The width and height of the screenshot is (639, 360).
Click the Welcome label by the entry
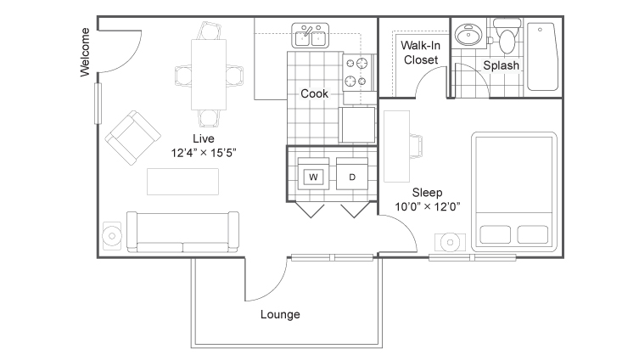point(85,52)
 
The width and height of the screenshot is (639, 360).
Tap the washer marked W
point(313,174)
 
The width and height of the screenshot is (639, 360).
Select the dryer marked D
point(352,174)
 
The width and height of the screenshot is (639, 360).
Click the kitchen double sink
point(310,36)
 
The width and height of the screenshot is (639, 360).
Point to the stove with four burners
point(358,72)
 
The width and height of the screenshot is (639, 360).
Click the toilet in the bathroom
point(507,37)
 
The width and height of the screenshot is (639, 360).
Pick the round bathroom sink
point(468,34)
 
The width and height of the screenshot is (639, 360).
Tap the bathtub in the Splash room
point(542,56)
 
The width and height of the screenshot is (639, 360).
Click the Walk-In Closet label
point(421,53)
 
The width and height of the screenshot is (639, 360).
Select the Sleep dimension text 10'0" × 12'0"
point(428,206)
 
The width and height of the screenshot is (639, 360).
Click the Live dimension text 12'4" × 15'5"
point(204,153)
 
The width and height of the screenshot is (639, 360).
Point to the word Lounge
point(280,314)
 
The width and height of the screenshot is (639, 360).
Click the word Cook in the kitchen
point(314,93)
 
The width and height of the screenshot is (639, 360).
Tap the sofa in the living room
point(182,232)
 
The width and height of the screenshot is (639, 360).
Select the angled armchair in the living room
point(133,138)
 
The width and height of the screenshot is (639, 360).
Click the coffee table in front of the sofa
point(182,182)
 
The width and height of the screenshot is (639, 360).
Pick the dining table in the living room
point(209,75)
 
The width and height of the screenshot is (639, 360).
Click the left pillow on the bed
point(495,234)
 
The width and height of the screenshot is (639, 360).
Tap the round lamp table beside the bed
point(450,243)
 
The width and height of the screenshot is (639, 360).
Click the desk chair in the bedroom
point(416,145)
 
